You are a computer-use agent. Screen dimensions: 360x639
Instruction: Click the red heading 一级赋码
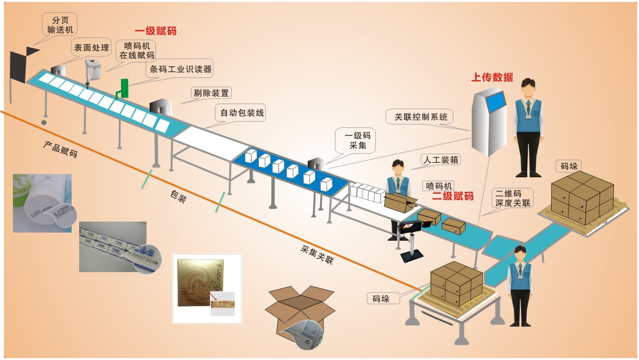pyautogui.click(x=155, y=31)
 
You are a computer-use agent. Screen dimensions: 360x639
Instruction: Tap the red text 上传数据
pyautogui.click(x=492, y=77)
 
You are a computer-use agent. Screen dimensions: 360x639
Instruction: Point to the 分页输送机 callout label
pyautogui.click(x=60, y=24)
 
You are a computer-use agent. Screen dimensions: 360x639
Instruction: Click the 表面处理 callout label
pyautogui.click(x=90, y=48)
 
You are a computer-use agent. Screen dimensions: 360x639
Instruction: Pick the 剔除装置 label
pyautogui.click(x=211, y=92)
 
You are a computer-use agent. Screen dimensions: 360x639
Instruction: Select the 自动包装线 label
pyautogui.click(x=239, y=113)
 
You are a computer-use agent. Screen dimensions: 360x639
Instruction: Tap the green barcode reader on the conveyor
pyautogui.click(x=122, y=88)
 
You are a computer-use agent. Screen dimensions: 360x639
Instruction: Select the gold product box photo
pyautogui.click(x=207, y=288)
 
